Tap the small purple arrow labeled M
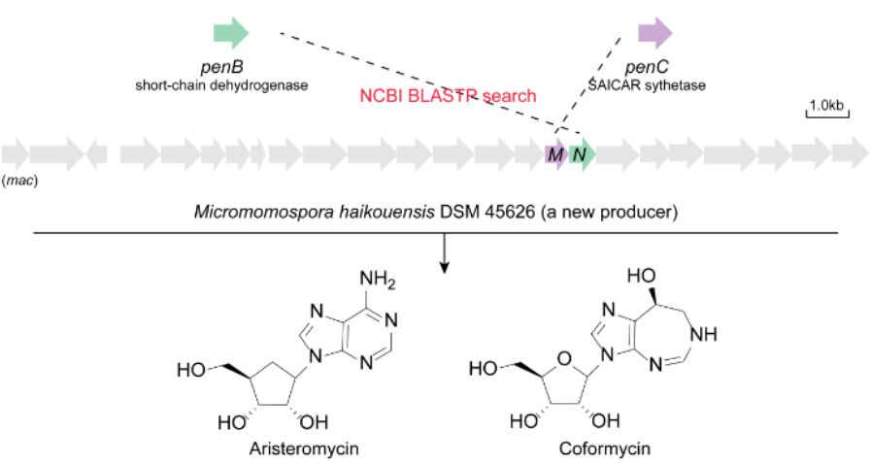coord(555,153)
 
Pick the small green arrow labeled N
coord(582,153)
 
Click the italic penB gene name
coord(231,67)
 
